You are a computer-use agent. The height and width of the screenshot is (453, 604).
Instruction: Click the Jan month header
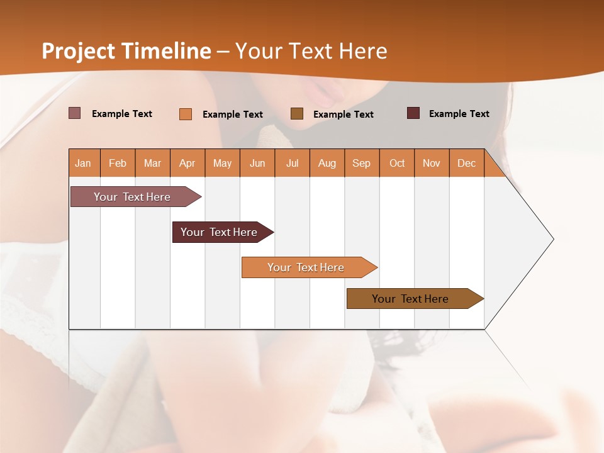pyautogui.click(x=83, y=164)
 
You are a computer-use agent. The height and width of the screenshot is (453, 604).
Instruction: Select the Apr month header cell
pyautogui.click(x=187, y=164)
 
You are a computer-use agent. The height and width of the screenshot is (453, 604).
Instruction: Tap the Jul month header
pyautogui.click(x=292, y=164)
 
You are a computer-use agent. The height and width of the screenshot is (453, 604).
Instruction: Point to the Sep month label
pyautogui.click(x=361, y=164)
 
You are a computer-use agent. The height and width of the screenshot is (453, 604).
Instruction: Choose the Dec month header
pyautogui.click(x=466, y=164)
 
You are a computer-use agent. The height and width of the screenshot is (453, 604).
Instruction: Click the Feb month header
pyautogui.click(x=118, y=164)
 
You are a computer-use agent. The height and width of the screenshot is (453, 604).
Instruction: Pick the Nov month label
pyautogui.click(x=431, y=164)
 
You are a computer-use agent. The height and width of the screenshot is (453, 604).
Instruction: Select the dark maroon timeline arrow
pyautogui.click(x=220, y=232)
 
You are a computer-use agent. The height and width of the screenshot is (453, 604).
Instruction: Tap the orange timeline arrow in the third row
pyautogui.click(x=307, y=267)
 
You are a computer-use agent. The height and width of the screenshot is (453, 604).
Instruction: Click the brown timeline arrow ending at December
pyautogui.click(x=412, y=299)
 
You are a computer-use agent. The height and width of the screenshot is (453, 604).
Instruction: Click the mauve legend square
pyautogui.click(x=75, y=113)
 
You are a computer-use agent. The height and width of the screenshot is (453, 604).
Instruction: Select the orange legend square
pyautogui.click(x=186, y=114)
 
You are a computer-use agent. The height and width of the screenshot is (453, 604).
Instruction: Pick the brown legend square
pyautogui.click(x=297, y=114)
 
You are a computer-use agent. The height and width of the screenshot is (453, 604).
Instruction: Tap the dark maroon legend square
pyautogui.click(x=413, y=113)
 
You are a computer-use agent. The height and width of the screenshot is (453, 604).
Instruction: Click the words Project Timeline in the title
pyautogui.click(x=126, y=51)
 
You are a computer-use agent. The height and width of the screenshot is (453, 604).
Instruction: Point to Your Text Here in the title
pyautogui.click(x=311, y=51)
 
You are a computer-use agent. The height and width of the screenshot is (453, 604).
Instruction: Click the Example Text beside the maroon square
pyautogui.click(x=459, y=114)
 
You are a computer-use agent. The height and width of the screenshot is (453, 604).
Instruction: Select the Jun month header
pyautogui.click(x=257, y=164)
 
